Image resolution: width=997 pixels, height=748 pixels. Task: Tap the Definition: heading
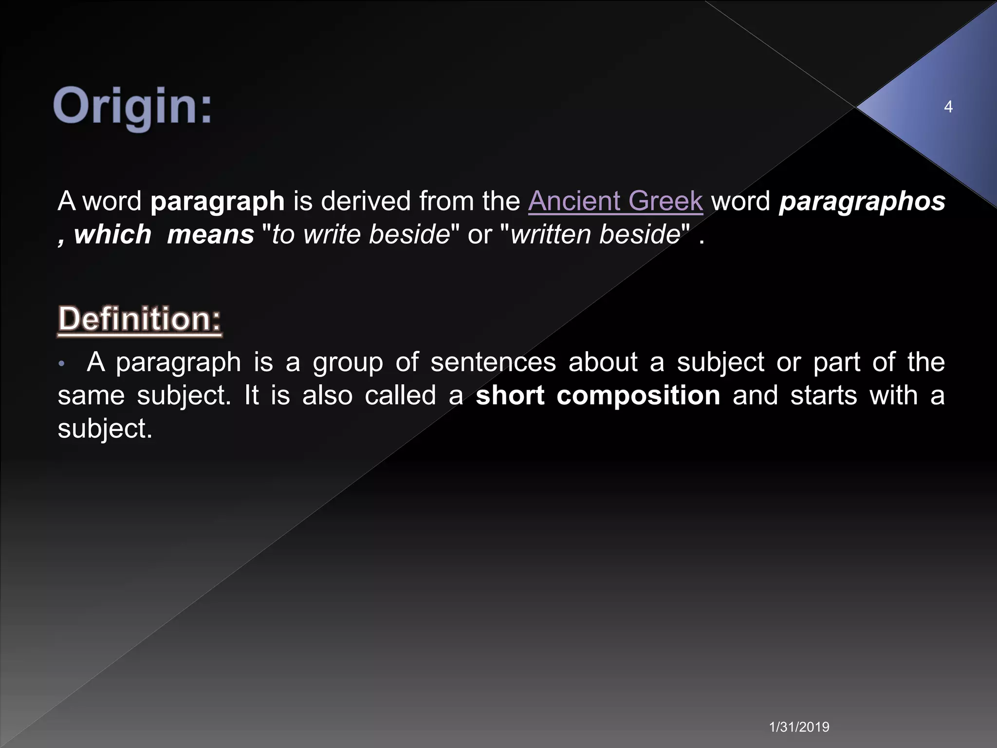[x=140, y=319]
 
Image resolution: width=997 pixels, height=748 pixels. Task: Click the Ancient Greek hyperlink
[x=615, y=201]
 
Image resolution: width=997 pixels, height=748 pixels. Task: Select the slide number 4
[x=948, y=107]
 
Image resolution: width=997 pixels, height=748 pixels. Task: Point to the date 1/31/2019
[x=799, y=727]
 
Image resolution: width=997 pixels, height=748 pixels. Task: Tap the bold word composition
[x=638, y=395]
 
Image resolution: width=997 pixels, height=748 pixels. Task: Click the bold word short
[x=510, y=395]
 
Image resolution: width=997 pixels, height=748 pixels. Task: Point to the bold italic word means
[x=210, y=235]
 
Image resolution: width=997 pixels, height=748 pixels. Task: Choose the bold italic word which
[x=112, y=234]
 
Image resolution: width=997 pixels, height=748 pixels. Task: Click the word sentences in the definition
[x=493, y=362]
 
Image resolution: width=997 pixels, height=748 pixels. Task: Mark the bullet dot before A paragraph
[x=61, y=364]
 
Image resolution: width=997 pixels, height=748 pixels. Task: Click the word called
[x=400, y=395]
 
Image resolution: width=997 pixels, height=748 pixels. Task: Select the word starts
[x=824, y=395]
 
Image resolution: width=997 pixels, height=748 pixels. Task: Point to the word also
[x=327, y=395]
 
